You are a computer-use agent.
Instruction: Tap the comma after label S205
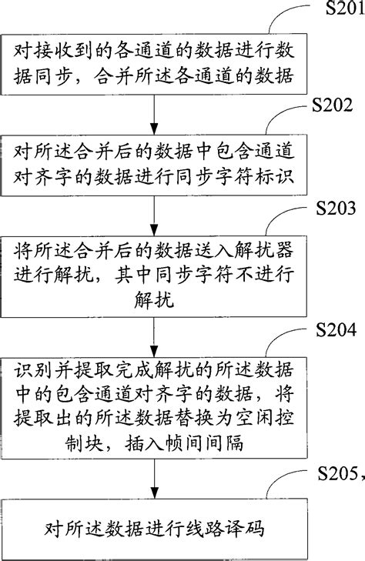pyautogui.click(x=361, y=476)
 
